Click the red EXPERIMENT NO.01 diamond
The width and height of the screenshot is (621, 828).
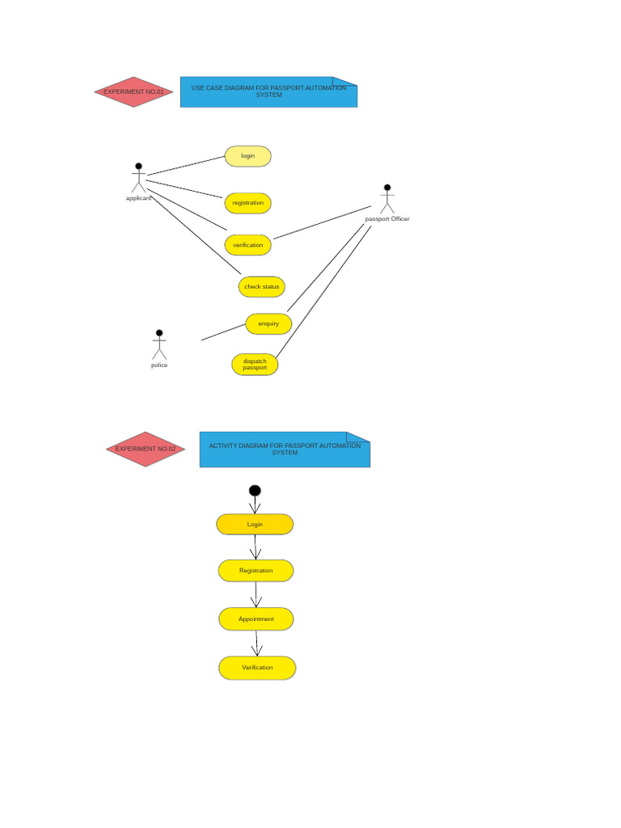tap(133, 92)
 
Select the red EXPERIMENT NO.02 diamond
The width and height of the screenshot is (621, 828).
tap(146, 449)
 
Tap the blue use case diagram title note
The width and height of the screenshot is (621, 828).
tap(268, 92)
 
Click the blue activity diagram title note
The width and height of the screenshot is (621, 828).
tap(285, 450)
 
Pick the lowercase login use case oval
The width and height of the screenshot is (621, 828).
tap(247, 156)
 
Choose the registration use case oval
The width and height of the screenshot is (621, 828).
tap(247, 203)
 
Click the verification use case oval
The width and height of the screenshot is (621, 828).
tap(247, 245)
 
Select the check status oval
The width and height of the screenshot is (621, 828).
tap(261, 287)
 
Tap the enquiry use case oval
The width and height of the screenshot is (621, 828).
tap(268, 323)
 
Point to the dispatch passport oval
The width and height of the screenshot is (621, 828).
tap(255, 365)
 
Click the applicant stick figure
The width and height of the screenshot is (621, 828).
tap(138, 178)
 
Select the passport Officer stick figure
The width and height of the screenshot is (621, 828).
tap(387, 199)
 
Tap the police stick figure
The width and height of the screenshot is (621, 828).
tap(159, 345)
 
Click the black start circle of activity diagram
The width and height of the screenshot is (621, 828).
tap(255, 491)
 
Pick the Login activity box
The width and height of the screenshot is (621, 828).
tap(255, 524)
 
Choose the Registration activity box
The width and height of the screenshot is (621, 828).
tap(256, 571)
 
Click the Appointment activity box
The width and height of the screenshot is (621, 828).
tap(256, 619)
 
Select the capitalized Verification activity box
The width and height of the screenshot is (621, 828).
tap(257, 668)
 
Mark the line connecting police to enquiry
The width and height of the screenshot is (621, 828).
tap(223, 332)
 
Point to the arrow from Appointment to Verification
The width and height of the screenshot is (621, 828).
tap(256, 644)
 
